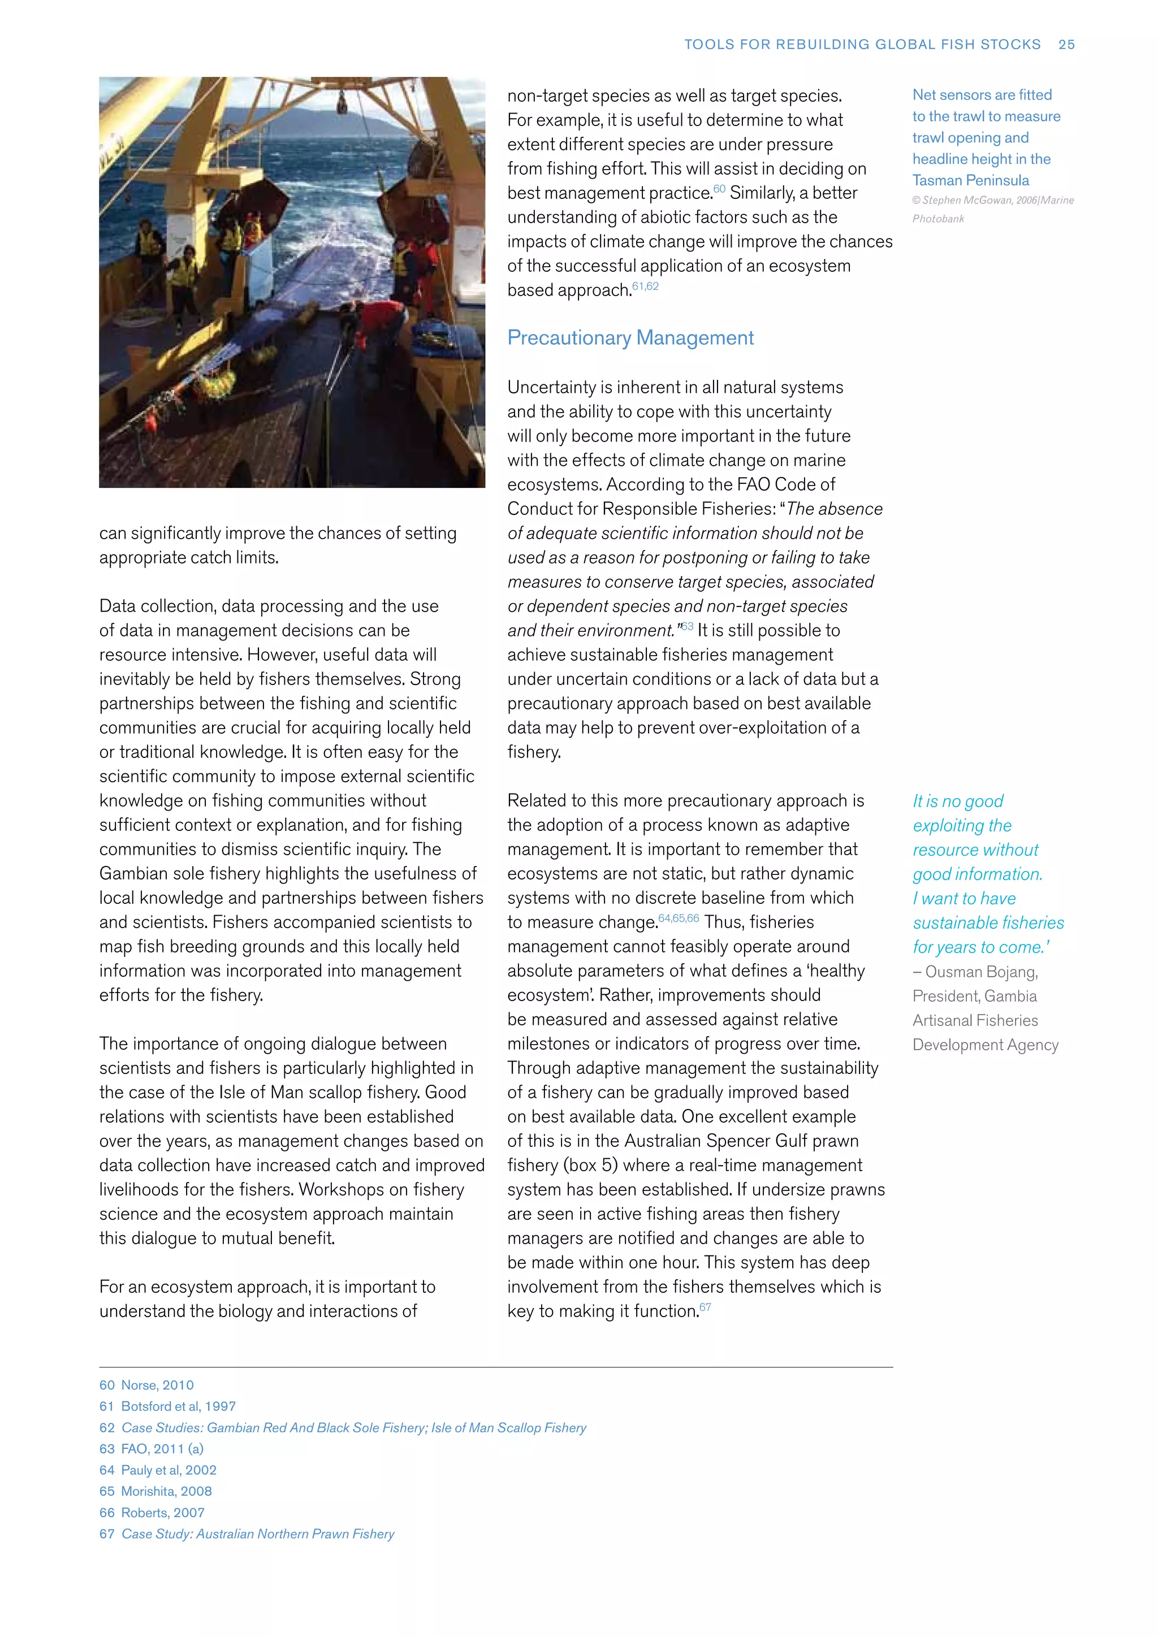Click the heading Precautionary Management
630,337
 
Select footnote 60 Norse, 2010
147,1384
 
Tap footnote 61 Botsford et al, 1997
167,1406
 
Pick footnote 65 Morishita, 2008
155,1491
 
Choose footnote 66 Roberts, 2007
152,1512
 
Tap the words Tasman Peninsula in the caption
970,180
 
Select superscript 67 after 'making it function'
705,1306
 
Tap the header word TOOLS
709,44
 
